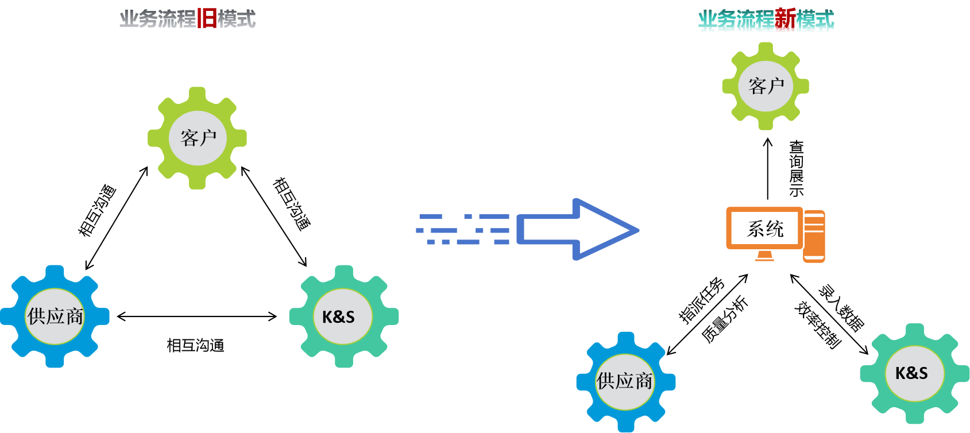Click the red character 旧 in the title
pyautogui.click(x=207, y=19)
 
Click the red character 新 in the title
pyautogui.click(x=785, y=21)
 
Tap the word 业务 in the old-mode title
pyautogui.click(x=138, y=19)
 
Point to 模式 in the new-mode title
pyautogui.click(x=815, y=21)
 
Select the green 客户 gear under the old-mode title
pyautogui.click(x=198, y=138)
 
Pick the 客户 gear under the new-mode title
pyautogui.click(x=766, y=86)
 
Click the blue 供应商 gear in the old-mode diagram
pyautogui.click(x=55, y=316)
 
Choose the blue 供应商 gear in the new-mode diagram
pyautogui.click(x=625, y=381)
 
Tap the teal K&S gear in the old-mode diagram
pyautogui.click(x=343, y=316)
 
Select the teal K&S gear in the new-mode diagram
pyautogui.click(x=914, y=373)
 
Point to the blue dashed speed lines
pyautogui.click(x=463, y=230)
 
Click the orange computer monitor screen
pyautogui.click(x=764, y=228)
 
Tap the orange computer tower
pyautogui.click(x=814, y=236)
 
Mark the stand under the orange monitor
pyautogui.click(x=764, y=256)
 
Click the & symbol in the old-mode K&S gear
pyautogui.click(x=338, y=317)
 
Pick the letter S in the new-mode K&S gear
pyautogui.click(x=923, y=373)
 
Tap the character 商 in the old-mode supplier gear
pyautogui.click(x=75, y=316)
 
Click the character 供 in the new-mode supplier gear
pyautogui.click(x=606, y=381)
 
